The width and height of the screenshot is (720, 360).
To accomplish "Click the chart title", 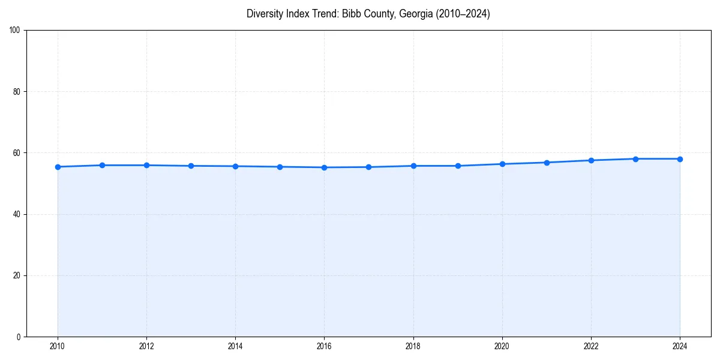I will point(368,14).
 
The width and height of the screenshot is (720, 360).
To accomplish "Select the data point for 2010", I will point(58,167).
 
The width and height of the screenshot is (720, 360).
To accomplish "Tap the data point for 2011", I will point(102,165).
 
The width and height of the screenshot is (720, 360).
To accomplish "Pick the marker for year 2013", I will point(191,166).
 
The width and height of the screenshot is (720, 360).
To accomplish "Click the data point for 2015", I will point(280,167).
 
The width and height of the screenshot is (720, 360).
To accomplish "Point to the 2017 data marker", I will point(368,167).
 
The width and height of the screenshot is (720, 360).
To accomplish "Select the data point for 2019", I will point(458,166).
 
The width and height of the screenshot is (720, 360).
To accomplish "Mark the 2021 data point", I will point(547,163).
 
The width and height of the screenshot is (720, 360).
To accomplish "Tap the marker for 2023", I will point(635,159).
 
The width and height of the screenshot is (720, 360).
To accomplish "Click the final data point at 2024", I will point(680,159).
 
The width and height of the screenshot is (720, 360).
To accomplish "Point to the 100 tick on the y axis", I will point(16,31).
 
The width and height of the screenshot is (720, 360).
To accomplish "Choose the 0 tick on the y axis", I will point(19,337).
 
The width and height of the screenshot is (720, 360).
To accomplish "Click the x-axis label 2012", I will point(146,346).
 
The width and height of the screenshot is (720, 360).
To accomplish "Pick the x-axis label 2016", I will point(324,346).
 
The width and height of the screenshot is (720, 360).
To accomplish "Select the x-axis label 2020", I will point(502,346).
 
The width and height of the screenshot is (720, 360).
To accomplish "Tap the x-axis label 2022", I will point(591,346).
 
